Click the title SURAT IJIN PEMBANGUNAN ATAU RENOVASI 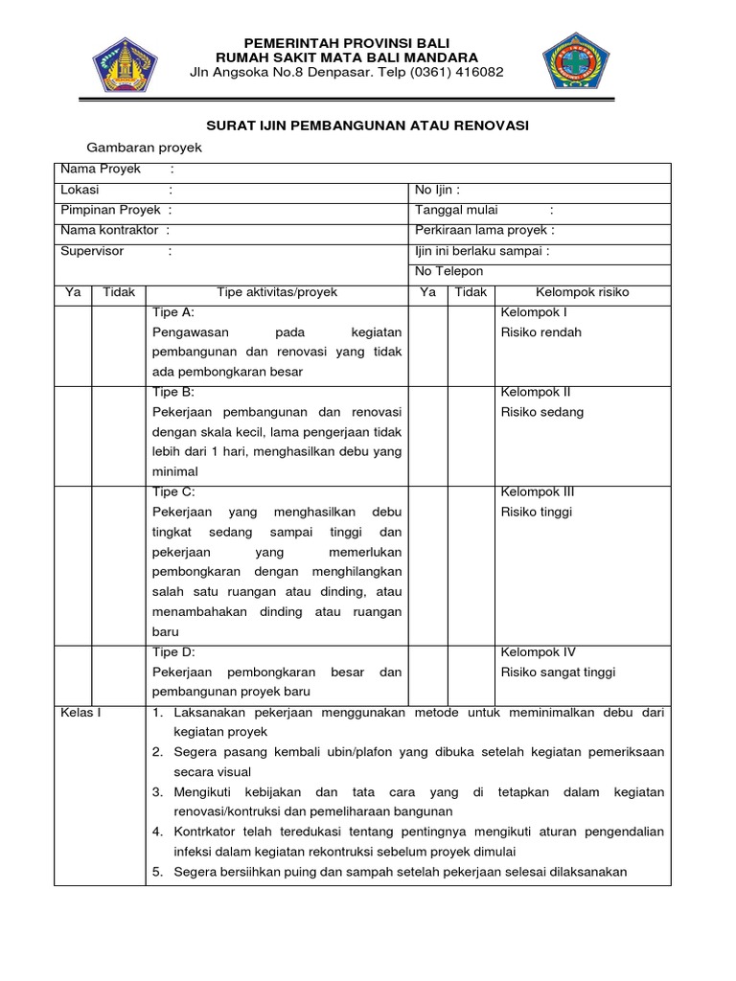(369, 125)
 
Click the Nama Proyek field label (101, 170)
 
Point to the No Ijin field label (437, 190)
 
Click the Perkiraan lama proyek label (484, 231)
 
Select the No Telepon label (448, 272)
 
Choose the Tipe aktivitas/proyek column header (277, 292)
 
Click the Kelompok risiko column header (583, 292)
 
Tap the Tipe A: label (173, 312)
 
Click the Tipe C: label (173, 491)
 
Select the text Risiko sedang (542, 412)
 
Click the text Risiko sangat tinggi (558, 673)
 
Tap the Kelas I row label (80, 713)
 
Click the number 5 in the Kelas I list (157, 872)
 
